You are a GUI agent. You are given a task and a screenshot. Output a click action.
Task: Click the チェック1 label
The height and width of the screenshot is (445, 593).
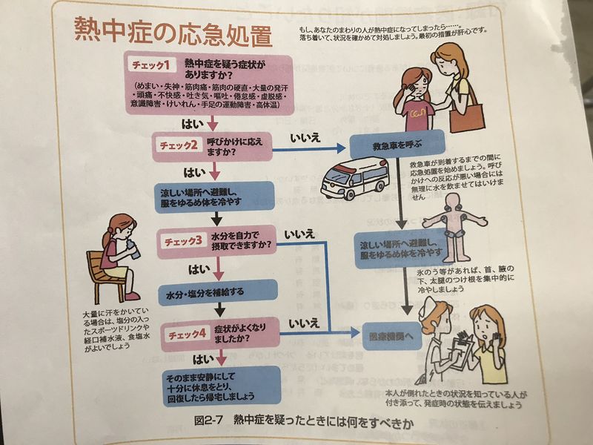coord(152,66)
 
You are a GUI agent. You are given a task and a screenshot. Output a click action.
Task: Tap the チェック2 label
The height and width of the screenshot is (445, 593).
coord(175,145)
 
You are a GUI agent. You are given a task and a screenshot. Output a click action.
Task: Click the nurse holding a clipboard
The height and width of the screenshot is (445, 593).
coord(437,340)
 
